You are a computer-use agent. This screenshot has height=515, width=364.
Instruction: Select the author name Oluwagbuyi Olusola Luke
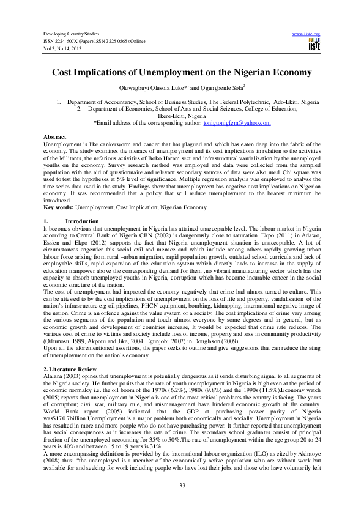[165, 88]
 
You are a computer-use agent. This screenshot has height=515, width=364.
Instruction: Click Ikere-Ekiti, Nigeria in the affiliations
[182, 115]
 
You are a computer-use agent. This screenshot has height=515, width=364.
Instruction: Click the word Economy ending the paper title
[292, 72]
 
